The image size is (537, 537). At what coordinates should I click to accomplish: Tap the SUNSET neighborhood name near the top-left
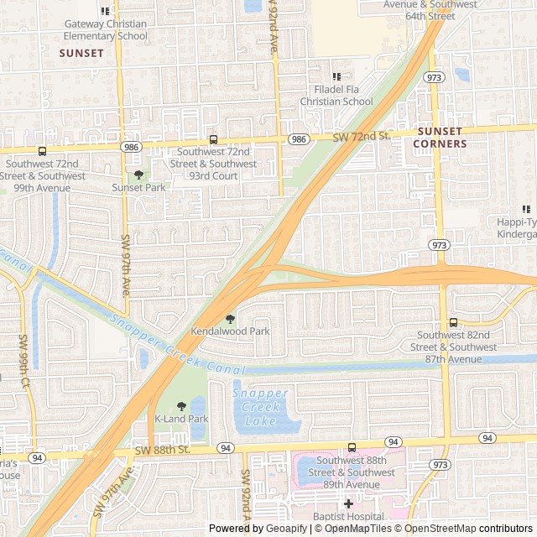tap(81, 53)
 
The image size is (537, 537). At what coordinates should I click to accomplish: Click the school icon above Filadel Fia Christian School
tap(336, 77)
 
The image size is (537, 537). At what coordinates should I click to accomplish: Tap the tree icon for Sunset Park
tap(138, 175)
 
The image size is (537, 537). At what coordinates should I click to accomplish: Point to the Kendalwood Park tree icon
tap(231, 319)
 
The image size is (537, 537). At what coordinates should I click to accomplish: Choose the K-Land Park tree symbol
tap(181, 406)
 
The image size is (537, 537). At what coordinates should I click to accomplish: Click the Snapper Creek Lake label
tap(260, 405)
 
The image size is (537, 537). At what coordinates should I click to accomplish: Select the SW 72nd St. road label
tap(362, 136)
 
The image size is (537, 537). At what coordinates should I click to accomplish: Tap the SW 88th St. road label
tap(163, 451)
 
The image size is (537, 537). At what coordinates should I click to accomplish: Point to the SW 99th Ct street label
tap(23, 361)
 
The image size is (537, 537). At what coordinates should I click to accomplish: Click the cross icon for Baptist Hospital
tap(349, 503)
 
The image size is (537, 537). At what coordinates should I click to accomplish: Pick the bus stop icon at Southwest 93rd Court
tap(213, 140)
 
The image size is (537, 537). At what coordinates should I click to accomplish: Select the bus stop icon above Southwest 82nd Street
tap(453, 322)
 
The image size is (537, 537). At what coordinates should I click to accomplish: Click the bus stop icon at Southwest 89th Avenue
tap(352, 447)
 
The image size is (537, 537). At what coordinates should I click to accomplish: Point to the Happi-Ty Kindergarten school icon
tap(526, 209)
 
